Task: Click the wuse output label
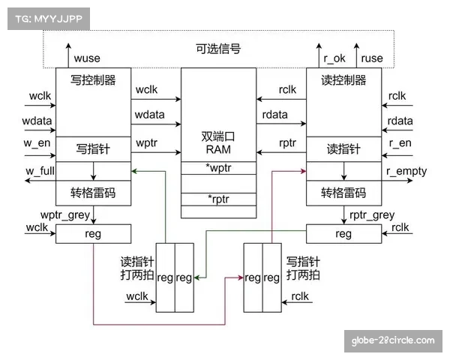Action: click(88, 58)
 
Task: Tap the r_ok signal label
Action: click(333, 58)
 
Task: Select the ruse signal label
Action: click(372, 58)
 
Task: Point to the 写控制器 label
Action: click(93, 80)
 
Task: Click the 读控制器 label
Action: click(344, 80)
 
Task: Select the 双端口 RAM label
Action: click(218, 143)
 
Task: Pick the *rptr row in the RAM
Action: click(218, 199)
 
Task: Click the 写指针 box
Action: click(93, 149)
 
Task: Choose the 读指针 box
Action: click(344, 149)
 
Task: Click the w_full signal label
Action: click(40, 171)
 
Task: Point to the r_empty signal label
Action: click(406, 171)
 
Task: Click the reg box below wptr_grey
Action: click(93, 234)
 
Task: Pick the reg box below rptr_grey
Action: click(344, 234)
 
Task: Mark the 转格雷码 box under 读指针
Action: click(344, 193)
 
